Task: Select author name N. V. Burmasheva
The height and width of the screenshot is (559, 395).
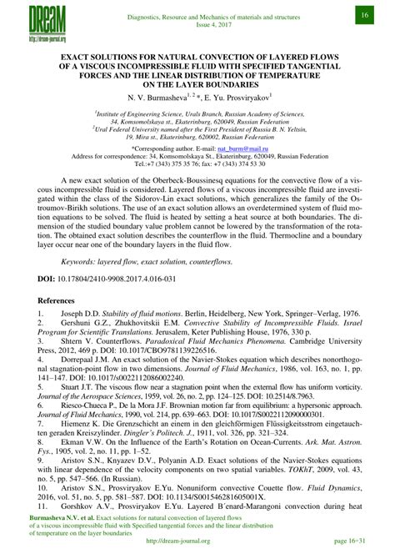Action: [163, 98]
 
